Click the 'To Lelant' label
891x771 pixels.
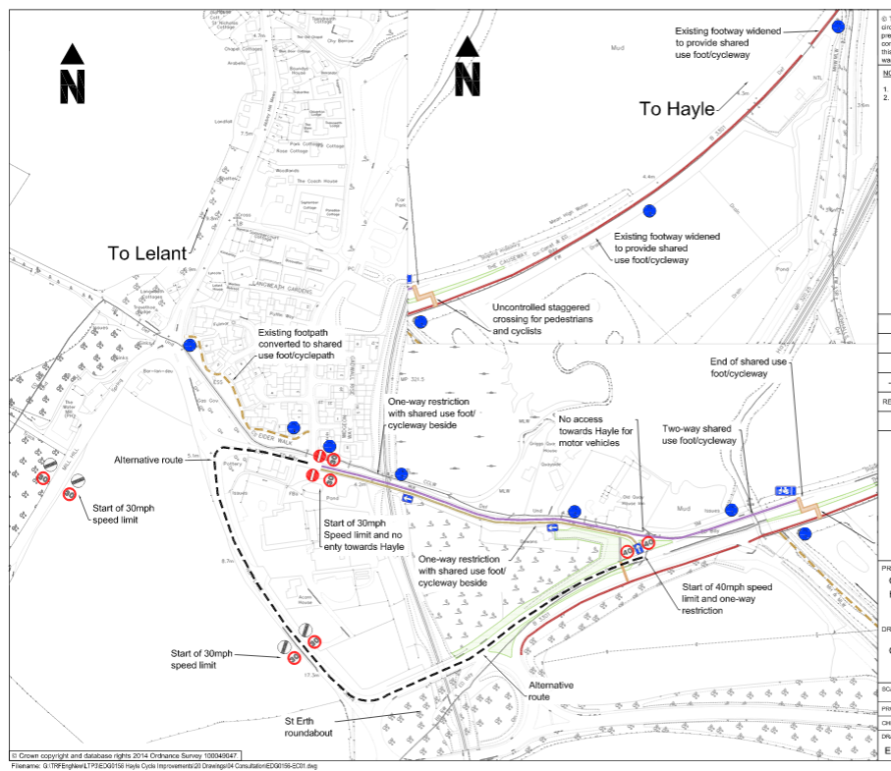146,253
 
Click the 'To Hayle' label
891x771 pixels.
677,109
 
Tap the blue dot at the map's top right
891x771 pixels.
838,27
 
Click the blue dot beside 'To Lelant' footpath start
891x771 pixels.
190,346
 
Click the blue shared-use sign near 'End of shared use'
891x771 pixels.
785,488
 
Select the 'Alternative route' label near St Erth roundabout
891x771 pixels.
551,690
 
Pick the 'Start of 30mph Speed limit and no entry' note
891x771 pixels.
363,534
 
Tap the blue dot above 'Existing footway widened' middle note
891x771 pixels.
648,211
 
